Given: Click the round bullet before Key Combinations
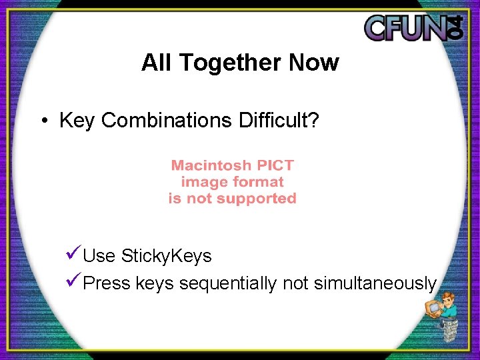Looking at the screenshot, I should tap(43, 121).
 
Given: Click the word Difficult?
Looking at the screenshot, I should tap(279, 121).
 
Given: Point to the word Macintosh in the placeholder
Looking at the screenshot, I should tap(211, 165).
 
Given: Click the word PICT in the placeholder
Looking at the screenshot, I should tap(275, 165).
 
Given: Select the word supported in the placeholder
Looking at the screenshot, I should tap(263, 199).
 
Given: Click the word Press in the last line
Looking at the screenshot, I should tap(107, 283).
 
